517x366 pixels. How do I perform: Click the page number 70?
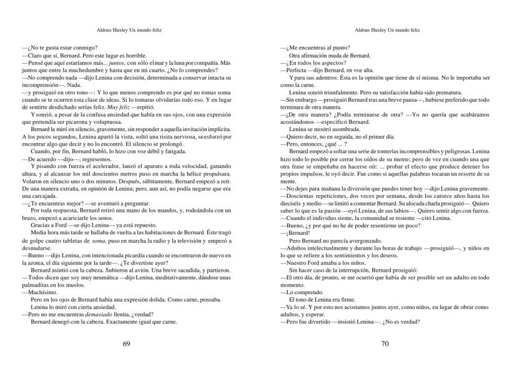385,344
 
